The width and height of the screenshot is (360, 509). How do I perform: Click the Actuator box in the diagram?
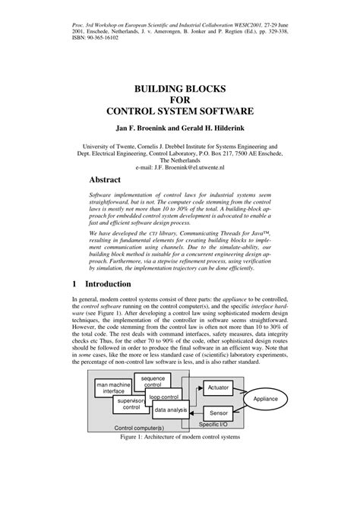click(x=219, y=387)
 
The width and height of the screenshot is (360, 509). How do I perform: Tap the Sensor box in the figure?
click(x=219, y=413)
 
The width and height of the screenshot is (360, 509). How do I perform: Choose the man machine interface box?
click(x=113, y=388)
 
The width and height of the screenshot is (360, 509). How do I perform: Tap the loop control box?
click(x=164, y=397)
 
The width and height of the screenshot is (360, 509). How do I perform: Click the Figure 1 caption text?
click(x=180, y=438)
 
